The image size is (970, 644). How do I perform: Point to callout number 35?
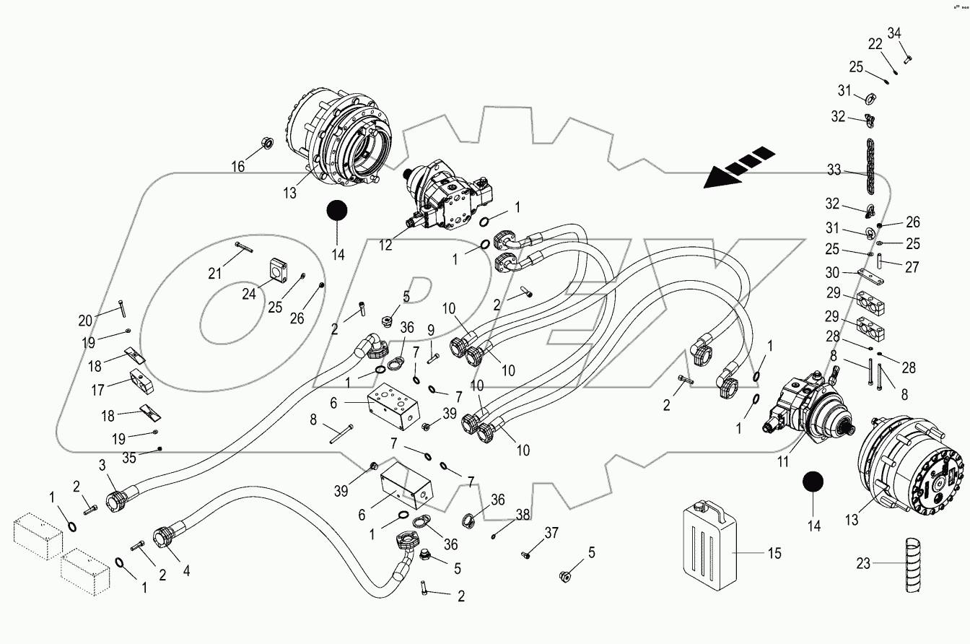[x=128, y=457]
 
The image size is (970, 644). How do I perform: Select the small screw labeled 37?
[x=525, y=554]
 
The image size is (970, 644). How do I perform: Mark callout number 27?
[x=912, y=267]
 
